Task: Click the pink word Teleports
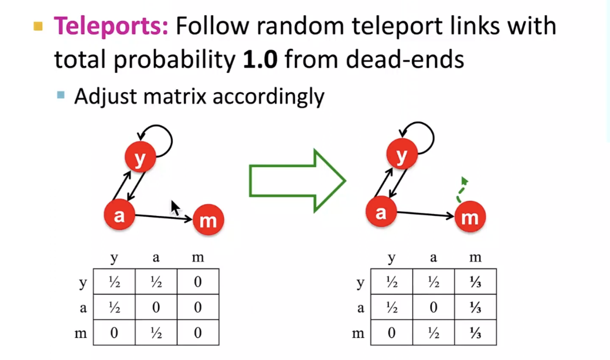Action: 111,26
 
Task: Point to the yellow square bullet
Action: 38,26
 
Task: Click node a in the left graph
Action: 119,215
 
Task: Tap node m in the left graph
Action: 208,221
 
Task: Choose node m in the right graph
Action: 470,218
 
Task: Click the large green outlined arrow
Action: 297,180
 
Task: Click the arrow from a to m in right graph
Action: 425,214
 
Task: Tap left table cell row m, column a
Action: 156,333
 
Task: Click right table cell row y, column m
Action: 475,282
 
